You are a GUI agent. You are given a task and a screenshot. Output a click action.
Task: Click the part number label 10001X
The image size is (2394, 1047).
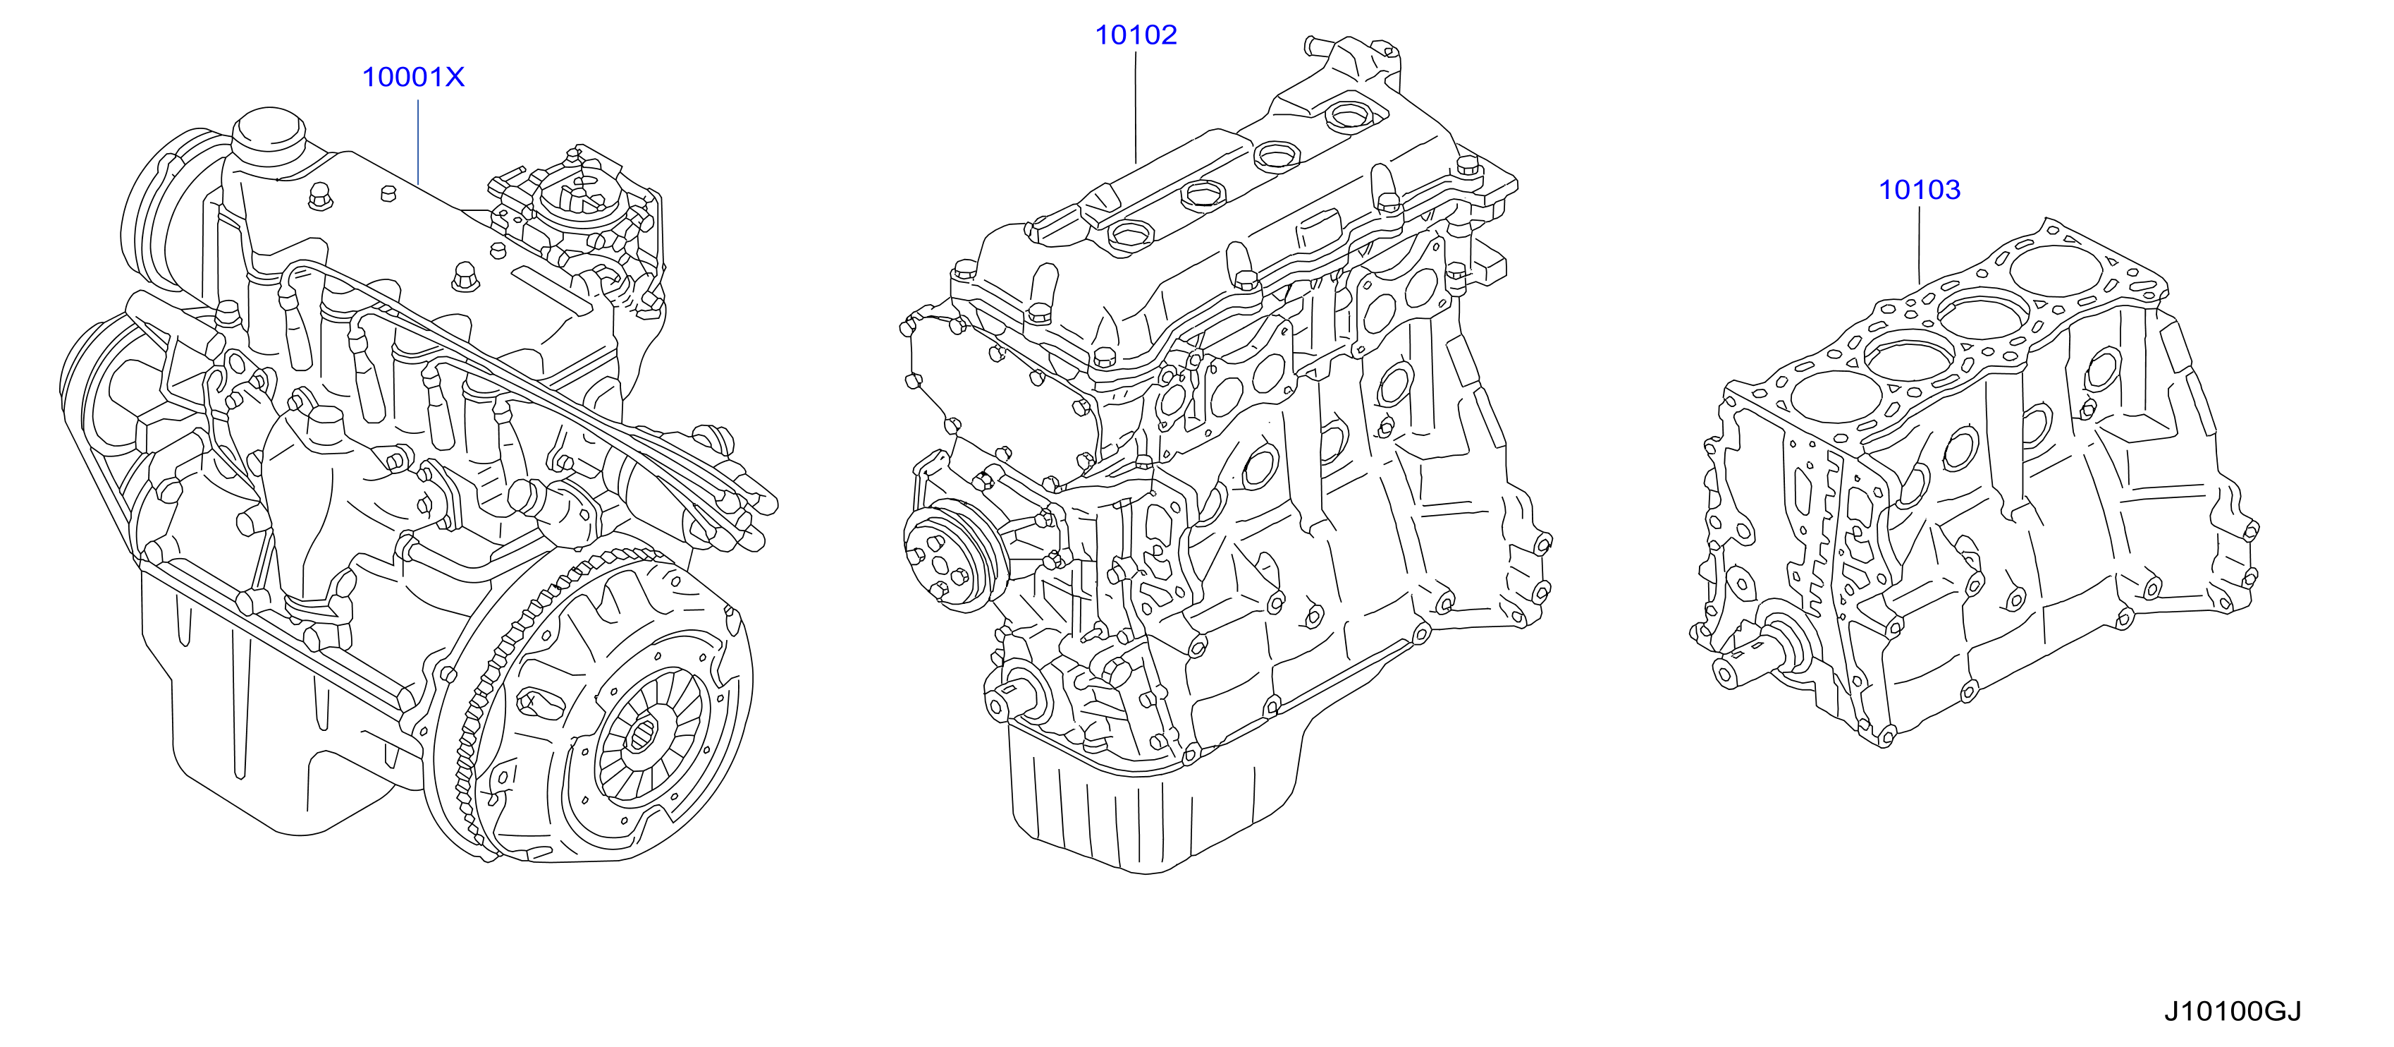click(412, 77)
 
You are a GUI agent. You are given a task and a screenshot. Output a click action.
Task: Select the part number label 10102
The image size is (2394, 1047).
click(1136, 35)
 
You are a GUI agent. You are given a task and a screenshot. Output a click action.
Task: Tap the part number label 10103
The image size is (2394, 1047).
click(1919, 190)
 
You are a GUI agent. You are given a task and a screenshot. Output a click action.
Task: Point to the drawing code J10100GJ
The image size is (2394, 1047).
click(2233, 1011)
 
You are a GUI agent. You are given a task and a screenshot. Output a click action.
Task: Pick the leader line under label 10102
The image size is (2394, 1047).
click(1136, 108)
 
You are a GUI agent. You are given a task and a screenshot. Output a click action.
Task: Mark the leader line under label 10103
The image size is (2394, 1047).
click(1919, 246)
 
